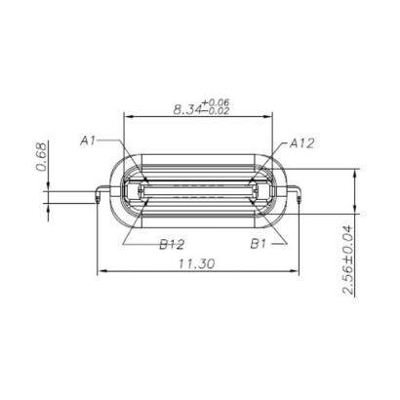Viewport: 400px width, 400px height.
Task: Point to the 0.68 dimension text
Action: (41, 156)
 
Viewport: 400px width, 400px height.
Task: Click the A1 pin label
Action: (88, 140)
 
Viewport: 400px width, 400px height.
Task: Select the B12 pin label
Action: (172, 244)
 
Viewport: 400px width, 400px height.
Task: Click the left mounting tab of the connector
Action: (100, 194)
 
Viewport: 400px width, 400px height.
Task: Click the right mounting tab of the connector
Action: (300, 194)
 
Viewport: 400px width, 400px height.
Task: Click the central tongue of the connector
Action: (200, 194)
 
